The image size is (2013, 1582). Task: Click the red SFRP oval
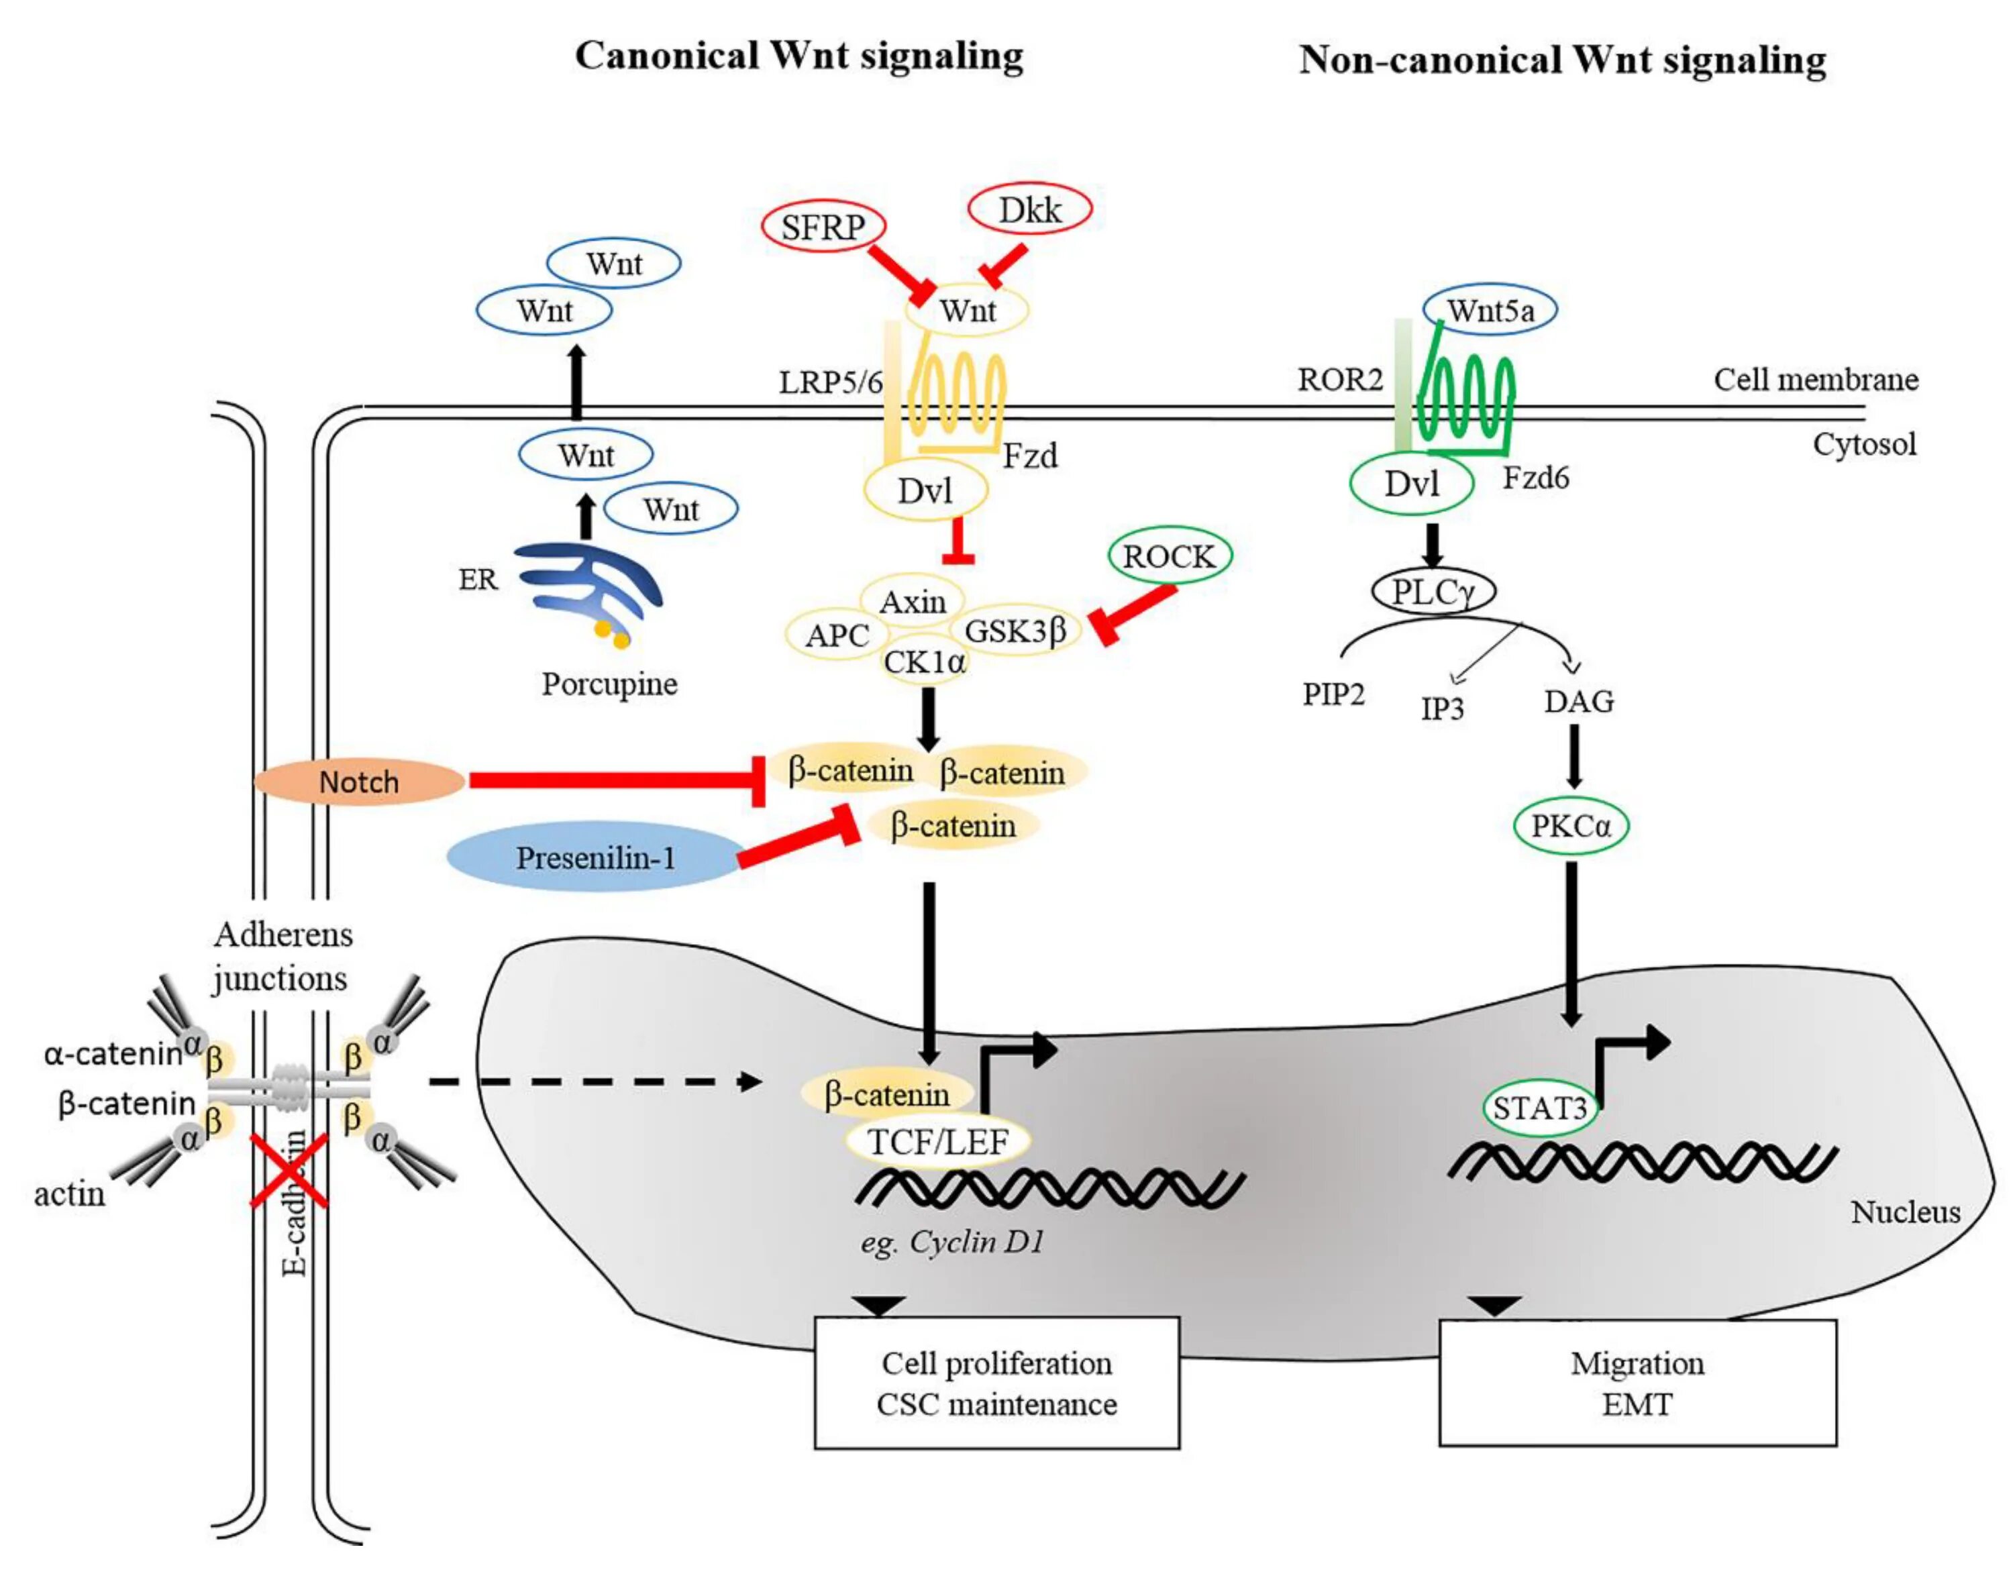(823, 227)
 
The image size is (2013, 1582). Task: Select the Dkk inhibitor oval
(1029, 210)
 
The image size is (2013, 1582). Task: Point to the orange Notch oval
(360, 782)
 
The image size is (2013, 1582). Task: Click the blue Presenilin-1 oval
(595, 857)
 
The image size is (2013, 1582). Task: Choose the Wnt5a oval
(1490, 310)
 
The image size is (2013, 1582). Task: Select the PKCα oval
(1570, 825)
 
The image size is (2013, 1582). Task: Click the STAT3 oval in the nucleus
(1540, 1108)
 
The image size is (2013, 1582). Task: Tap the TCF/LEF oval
(937, 1142)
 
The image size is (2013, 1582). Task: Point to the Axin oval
(913, 602)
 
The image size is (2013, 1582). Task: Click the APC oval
(837, 635)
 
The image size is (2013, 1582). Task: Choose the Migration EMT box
(1637, 1383)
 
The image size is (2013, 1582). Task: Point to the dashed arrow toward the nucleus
(593, 1081)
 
